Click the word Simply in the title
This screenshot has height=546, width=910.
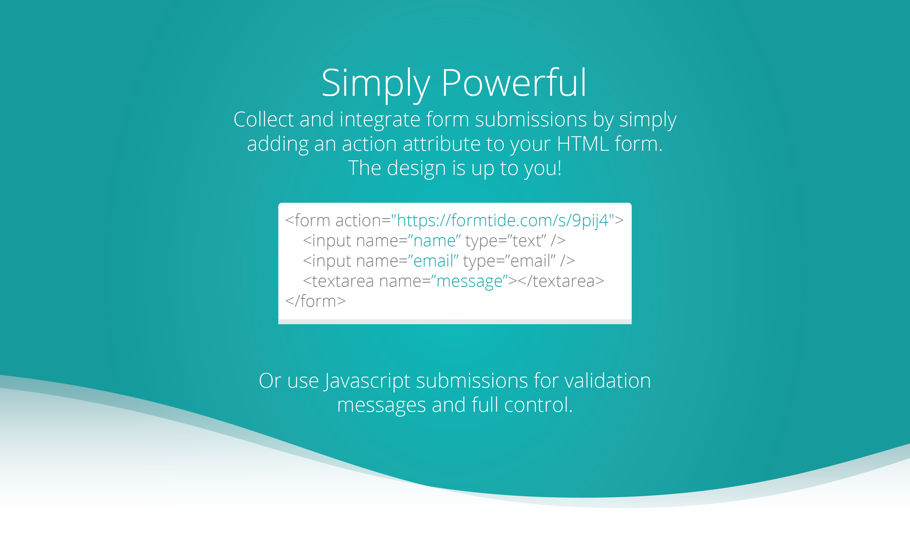(376, 84)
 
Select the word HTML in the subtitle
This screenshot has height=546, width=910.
(583, 144)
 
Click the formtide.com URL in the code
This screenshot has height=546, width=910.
(502, 221)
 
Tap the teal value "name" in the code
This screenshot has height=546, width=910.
(434, 241)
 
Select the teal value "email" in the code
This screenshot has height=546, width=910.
(433, 261)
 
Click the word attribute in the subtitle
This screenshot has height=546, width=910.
(442, 144)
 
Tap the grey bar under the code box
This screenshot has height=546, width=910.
(455, 322)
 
